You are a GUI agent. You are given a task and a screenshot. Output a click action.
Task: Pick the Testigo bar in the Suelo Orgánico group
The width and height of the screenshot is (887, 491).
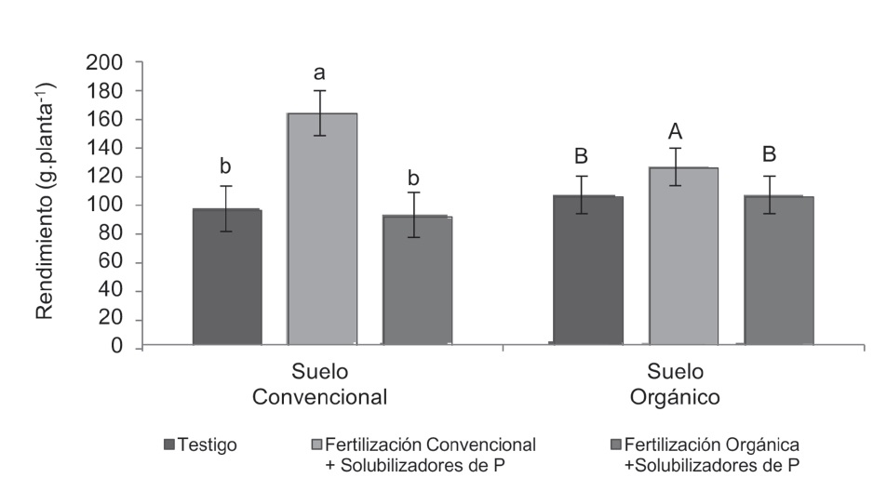[588, 270]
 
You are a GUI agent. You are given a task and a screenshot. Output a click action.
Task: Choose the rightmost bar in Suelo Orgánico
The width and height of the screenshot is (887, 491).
[779, 270]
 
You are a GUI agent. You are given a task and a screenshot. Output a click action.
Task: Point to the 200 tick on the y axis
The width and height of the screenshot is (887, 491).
[109, 63]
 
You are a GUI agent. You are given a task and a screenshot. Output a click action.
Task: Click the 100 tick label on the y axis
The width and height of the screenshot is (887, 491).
[109, 206]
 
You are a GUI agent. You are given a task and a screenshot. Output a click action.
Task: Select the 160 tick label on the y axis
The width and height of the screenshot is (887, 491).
[109, 120]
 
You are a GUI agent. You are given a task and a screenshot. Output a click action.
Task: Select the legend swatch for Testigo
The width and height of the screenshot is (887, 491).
[168, 445]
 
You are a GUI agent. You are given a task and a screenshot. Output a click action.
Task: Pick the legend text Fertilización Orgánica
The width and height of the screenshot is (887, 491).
[713, 444]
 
